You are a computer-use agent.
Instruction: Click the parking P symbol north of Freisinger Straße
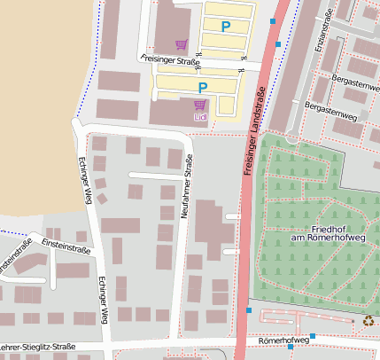point(225,27)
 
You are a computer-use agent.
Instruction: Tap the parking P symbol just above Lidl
point(203,87)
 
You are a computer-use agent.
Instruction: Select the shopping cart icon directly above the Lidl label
point(199,105)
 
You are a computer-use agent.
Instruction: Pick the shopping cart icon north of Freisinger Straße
point(182,44)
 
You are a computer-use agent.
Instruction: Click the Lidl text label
point(199,116)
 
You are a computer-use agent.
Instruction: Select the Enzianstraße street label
point(321,32)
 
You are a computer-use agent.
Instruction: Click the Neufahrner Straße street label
point(186,186)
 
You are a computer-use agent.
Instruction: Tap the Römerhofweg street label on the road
point(283,340)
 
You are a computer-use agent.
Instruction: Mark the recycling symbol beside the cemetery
point(368,322)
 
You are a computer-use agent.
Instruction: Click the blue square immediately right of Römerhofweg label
point(313,336)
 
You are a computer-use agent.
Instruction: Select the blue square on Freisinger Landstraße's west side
point(249,310)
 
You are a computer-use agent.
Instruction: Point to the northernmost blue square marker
point(273,20)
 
